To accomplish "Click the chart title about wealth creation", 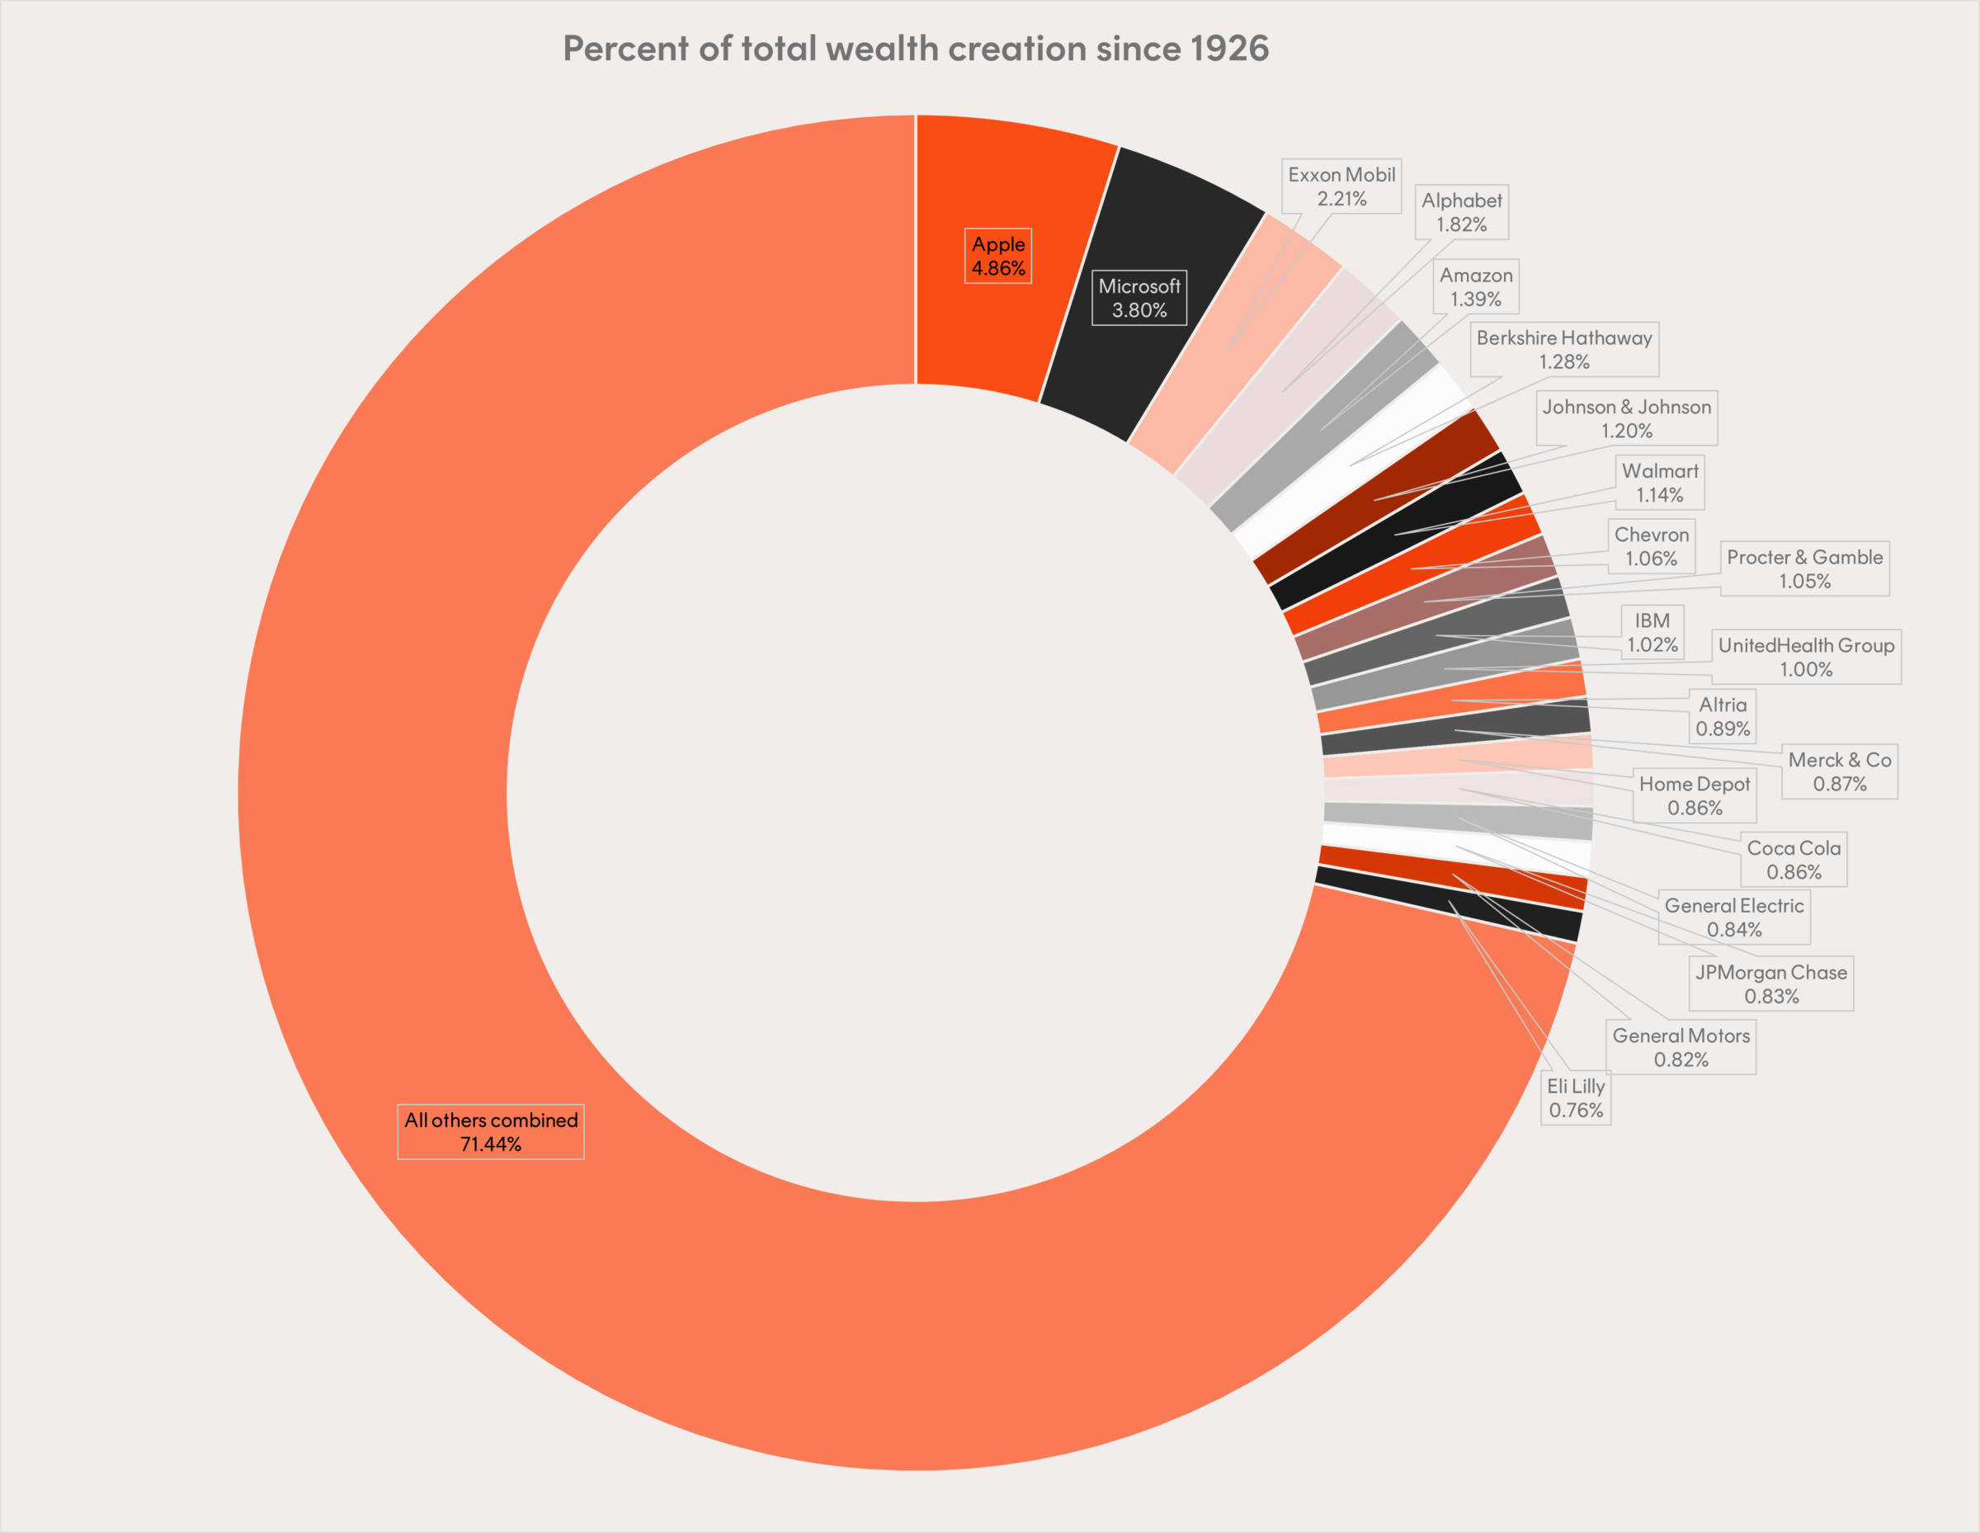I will tap(916, 49).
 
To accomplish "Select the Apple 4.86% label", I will tap(998, 256).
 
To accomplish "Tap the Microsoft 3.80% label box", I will tap(1138, 297).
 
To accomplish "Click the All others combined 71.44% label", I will tap(491, 1131).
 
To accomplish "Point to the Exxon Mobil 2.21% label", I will tap(1341, 186).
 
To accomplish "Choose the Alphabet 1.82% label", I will tap(1461, 212).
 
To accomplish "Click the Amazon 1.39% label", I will tap(1476, 286).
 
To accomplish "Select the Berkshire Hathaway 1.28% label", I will tap(1564, 349).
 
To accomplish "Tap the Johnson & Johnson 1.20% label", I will tap(1626, 418).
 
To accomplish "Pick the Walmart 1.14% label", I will tap(1660, 483).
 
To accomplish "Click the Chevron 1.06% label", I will tap(1651, 545).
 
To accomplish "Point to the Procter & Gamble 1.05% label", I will tap(1804, 568).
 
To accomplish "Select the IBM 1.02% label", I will tap(1652, 632).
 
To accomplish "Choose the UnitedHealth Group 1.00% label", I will tap(1806, 657).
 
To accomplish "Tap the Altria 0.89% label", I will tap(1723, 716).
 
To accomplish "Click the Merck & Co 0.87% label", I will tap(1840, 771).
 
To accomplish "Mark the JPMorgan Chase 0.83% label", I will tap(1770, 983).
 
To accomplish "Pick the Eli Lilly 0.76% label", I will tap(1576, 1098).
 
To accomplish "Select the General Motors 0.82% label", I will tap(1681, 1047).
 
